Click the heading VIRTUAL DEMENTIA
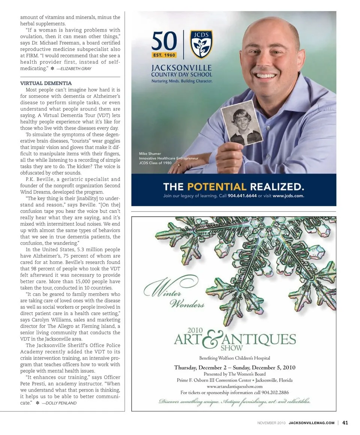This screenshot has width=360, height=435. tap(46, 83)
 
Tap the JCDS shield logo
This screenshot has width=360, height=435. tap(201, 44)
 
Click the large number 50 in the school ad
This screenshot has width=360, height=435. tap(165, 41)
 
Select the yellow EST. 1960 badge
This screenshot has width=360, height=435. tap(164, 55)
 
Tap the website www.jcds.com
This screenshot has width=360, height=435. tap(288, 196)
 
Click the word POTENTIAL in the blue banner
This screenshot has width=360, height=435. tap(216, 186)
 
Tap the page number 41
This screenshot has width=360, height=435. tap(345, 423)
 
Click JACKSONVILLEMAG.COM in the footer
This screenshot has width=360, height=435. tap(311, 423)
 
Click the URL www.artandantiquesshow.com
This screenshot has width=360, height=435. tap(234, 386)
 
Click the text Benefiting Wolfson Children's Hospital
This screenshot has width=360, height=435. tap(234, 358)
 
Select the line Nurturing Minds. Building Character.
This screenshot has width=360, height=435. tap(182, 81)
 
